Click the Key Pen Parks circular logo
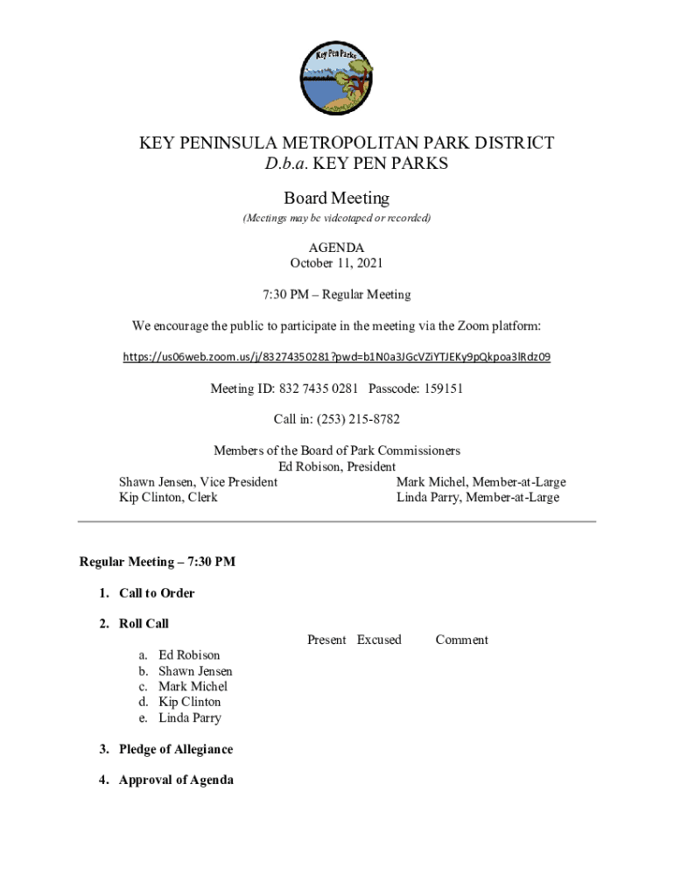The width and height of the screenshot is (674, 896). click(x=337, y=79)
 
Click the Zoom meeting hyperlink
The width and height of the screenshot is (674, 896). click(x=337, y=357)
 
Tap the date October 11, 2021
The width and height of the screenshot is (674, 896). click(x=337, y=262)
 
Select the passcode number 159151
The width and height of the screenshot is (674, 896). click(x=442, y=388)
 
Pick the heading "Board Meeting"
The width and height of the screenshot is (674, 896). click(x=337, y=199)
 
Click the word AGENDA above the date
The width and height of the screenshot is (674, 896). click(x=337, y=248)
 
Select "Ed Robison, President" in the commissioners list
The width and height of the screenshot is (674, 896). click(x=337, y=466)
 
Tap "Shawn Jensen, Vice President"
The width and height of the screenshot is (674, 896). click(x=198, y=482)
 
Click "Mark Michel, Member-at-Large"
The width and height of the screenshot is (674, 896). click(x=481, y=482)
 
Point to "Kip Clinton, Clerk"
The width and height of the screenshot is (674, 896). click(x=168, y=498)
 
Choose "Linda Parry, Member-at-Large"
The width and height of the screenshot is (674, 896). click(x=477, y=498)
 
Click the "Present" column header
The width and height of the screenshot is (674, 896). click(x=326, y=640)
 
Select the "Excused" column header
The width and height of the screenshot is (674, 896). click(x=379, y=640)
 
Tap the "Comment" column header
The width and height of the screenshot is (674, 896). click(x=461, y=640)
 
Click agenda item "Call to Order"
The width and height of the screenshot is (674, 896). click(x=157, y=593)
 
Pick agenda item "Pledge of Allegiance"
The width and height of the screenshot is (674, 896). click(x=176, y=749)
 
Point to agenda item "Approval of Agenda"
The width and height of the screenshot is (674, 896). click(x=176, y=780)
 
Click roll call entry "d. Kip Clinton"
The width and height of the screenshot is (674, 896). click(x=189, y=702)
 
